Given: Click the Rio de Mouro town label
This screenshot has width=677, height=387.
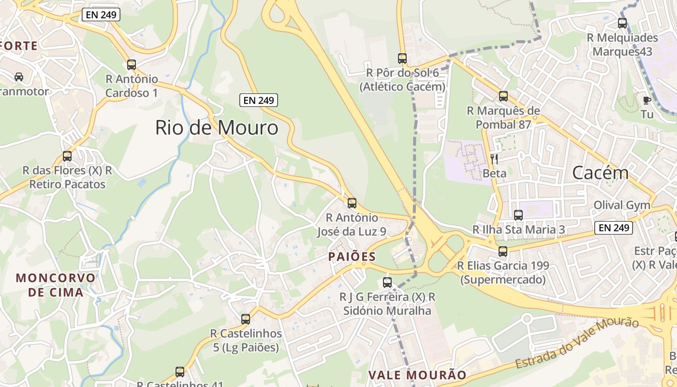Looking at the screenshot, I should (217, 128).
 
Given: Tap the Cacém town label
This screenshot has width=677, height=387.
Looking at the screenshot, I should (600, 172).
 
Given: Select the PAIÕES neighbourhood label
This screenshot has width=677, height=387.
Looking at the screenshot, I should (352, 256).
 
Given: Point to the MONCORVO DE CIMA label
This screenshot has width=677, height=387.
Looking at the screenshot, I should (56, 285).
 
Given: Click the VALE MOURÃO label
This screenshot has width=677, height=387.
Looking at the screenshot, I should (417, 375).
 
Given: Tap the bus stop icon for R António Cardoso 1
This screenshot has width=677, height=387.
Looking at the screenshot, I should (132, 64).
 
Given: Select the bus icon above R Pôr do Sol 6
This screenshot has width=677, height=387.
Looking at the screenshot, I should (402, 59).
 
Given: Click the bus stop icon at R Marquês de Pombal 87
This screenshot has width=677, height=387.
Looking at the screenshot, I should (503, 96).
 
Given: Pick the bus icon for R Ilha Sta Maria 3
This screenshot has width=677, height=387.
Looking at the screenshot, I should (518, 215).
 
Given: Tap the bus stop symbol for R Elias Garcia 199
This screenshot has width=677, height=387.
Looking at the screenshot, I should (503, 251).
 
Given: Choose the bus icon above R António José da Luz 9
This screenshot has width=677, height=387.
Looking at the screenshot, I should (352, 203).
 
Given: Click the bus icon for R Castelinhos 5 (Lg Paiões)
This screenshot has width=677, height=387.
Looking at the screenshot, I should (246, 319).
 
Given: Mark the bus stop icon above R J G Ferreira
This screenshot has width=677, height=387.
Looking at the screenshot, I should (387, 283).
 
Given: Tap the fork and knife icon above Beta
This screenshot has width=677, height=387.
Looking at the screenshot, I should (494, 159).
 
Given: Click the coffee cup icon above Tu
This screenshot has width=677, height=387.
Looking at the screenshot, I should (647, 100).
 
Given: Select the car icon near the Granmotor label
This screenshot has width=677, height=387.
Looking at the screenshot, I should (19, 76).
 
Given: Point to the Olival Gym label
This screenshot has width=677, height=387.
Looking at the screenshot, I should (622, 205).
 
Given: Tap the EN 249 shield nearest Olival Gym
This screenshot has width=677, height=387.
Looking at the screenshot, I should (614, 228).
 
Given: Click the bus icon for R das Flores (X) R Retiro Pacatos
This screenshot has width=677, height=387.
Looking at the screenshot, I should (67, 156).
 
